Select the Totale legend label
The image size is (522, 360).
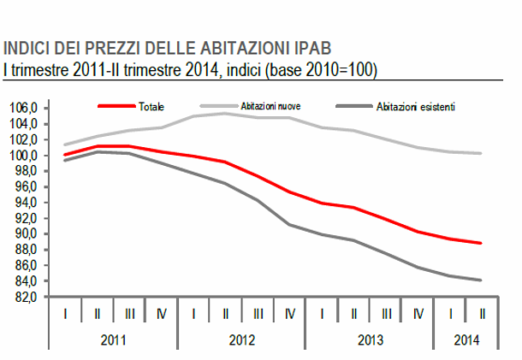point(151,107)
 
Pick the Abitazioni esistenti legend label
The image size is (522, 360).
point(415,107)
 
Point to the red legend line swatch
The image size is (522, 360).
point(116,107)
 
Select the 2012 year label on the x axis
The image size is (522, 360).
point(242,339)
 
